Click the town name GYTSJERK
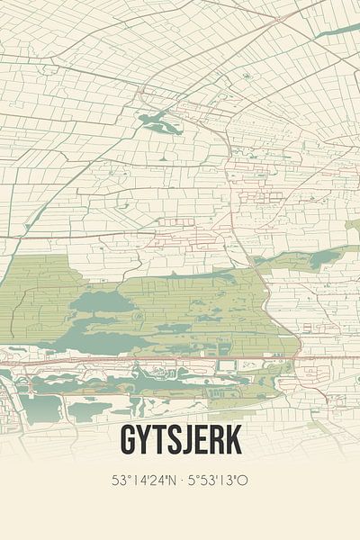point(179,442)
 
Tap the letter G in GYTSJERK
point(127,442)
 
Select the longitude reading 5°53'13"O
point(216,481)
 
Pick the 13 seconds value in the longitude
point(229,481)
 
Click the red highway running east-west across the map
point(180,357)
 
